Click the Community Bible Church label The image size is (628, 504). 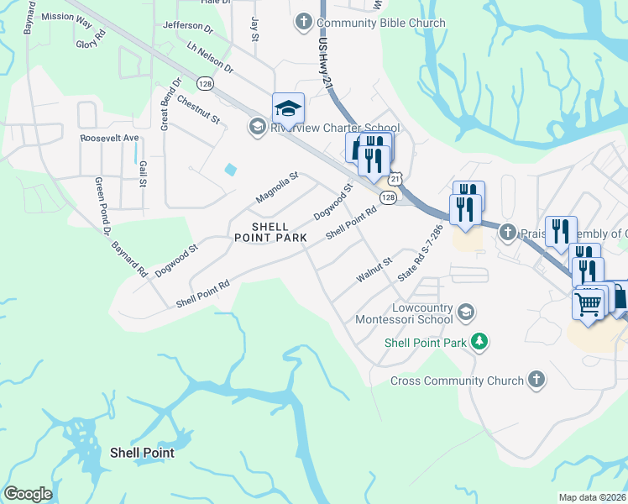point(379,23)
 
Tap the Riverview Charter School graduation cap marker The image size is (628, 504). point(287,108)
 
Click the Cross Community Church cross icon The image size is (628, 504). point(538,381)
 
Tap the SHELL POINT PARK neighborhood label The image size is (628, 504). point(271,234)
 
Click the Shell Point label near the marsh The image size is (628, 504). point(142,453)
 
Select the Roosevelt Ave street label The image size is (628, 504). point(109,138)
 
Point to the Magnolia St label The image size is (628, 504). point(277,188)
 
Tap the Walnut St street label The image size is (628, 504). point(374,269)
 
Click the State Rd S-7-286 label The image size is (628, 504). point(420,252)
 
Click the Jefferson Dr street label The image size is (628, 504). point(188,26)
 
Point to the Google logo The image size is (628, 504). point(28,494)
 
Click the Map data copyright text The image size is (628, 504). point(593,497)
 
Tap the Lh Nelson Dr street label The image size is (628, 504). point(209,57)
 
